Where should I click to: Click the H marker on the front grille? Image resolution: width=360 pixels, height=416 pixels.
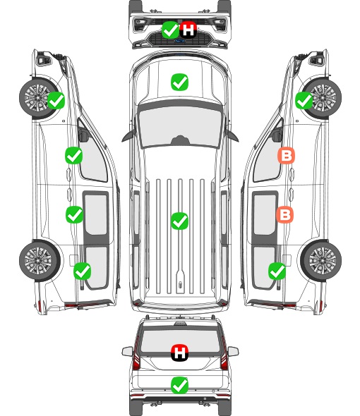click(188, 30)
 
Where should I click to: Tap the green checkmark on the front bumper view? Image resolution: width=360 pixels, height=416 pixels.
click(170, 30)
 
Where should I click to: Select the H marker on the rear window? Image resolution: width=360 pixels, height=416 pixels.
click(180, 353)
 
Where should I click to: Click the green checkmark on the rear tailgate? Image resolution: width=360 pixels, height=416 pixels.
click(180, 385)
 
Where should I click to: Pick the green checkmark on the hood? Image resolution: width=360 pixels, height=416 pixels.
click(179, 82)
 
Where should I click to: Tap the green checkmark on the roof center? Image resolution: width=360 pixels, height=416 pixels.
click(179, 221)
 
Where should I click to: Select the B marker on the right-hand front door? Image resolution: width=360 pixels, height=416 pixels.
click(286, 156)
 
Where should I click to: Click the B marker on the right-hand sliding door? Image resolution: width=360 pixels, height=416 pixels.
click(284, 214)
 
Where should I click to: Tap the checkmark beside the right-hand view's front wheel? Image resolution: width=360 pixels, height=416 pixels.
click(304, 101)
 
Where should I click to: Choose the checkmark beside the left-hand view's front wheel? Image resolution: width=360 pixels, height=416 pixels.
click(56, 100)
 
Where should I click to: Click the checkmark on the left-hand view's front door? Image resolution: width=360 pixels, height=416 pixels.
click(74, 155)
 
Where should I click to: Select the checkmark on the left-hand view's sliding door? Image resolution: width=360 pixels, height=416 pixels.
click(74, 214)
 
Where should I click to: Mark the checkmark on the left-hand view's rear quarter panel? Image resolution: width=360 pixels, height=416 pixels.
click(83, 271)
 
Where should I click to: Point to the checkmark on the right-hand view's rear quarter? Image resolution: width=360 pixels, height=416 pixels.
click(277, 271)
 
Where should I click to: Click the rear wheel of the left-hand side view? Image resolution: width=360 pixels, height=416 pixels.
click(40, 260)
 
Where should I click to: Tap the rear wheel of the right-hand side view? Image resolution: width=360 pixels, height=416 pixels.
click(321, 260)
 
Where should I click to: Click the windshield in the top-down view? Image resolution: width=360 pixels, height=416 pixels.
click(180, 126)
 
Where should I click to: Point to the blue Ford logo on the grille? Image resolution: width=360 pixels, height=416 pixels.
click(180, 41)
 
